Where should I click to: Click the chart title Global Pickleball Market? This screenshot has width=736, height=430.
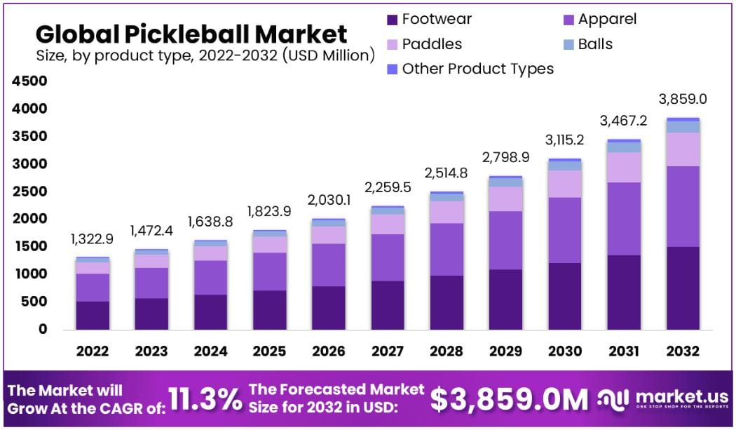click(191, 34)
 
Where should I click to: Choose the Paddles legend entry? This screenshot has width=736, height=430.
click(423, 44)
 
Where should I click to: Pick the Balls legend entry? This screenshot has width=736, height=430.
click(587, 44)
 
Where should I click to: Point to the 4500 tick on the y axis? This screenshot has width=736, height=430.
click(29, 81)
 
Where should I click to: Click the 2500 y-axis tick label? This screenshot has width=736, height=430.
click(29, 192)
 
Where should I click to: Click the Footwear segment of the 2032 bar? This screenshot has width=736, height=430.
click(681, 288)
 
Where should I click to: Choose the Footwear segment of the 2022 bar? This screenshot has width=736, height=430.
click(93, 315)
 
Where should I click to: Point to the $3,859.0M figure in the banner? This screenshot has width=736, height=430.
click(509, 400)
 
